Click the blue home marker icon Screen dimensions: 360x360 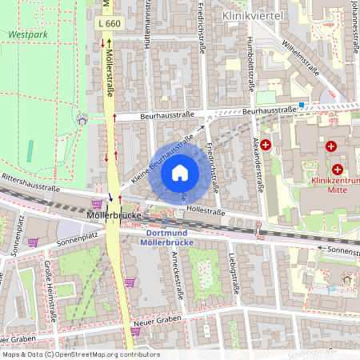click(x=180, y=170)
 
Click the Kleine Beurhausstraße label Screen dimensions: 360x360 click(x=162, y=160)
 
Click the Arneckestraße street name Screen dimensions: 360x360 click(x=179, y=274)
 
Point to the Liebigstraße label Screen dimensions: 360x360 click(x=234, y=274)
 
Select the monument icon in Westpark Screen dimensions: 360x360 click(x=81, y=119)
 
